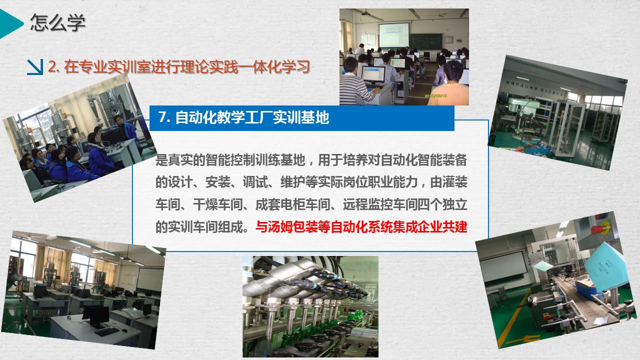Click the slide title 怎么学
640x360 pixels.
57,22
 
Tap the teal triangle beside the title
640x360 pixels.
10,23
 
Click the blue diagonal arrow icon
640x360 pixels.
35,67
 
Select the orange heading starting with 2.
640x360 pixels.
179,67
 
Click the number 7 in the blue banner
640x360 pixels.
162,117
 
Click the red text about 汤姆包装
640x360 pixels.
361,227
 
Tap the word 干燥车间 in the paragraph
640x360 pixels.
217,204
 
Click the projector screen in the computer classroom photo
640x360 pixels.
393,35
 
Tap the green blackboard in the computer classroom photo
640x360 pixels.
425,41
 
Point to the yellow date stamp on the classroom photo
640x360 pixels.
435,96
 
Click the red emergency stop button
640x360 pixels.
597,229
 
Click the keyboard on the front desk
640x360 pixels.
106,331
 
